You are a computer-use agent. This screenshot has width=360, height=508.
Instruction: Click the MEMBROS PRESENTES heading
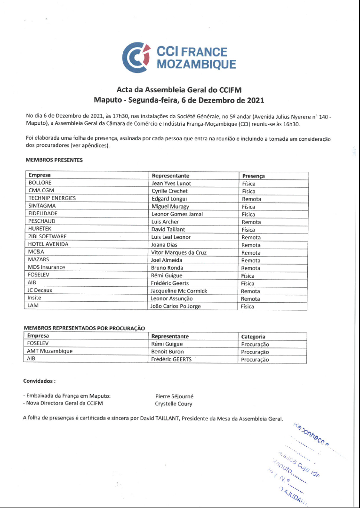point(54,160)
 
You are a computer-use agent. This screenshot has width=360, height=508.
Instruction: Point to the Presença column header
point(253,176)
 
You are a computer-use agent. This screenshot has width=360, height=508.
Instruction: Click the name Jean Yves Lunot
point(171,183)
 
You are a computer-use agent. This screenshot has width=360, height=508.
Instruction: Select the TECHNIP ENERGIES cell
point(52,198)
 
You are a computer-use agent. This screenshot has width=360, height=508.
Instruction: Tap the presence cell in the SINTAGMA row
point(248,206)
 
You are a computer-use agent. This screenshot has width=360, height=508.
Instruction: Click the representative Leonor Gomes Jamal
point(177,214)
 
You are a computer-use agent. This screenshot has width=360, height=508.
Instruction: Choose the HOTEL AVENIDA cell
point(48,244)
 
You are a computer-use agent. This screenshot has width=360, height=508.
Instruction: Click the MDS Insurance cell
point(47,267)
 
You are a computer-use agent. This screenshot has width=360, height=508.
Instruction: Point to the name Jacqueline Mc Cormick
point(179,291)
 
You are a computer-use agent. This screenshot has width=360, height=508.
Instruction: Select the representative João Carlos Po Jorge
point(176,306)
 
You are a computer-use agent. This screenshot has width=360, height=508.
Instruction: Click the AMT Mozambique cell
point(50,351)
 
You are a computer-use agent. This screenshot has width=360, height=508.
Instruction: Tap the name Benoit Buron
point(168,352)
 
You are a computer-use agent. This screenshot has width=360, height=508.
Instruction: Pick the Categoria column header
point(253,337)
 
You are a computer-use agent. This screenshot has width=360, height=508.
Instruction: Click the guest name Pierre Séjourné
point(174,396)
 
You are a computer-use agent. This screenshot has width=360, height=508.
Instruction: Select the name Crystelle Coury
point(174,403)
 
